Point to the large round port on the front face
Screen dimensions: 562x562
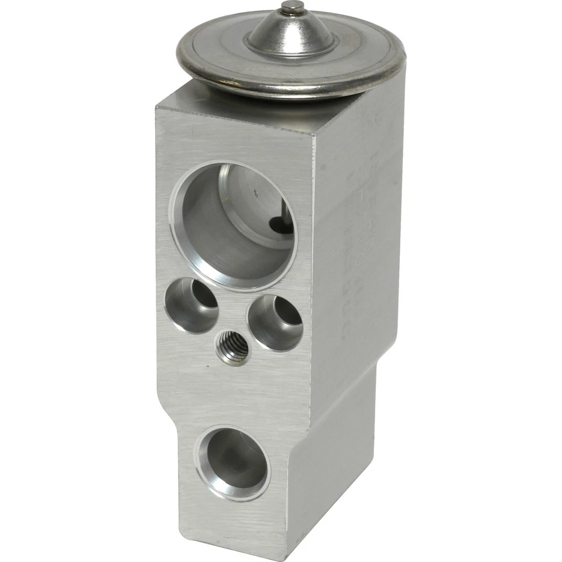pos(233,225)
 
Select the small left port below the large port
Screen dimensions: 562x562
pos(191,304)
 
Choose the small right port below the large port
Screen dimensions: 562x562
pos(275,323)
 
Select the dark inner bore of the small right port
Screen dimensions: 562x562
pos(287,319)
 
